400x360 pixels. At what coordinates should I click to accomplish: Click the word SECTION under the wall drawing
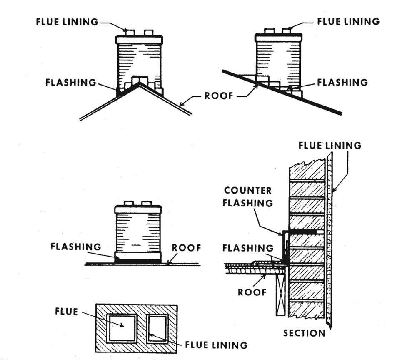click(x=304, y=333)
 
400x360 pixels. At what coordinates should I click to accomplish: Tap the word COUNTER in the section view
click(x=248, y=191)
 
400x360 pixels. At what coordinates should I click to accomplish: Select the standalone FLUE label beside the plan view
click(x=66, y=312)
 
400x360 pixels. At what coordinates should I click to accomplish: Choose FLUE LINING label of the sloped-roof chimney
click(x=348, y=22)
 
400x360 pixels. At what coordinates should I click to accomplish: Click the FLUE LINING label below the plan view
click(x=216, y=345)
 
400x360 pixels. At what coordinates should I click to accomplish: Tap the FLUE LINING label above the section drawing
click(x=330, y=146)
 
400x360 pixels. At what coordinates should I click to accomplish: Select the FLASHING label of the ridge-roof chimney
click(x=71, y=82)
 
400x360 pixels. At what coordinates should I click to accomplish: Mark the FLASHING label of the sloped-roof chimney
click(x=342, y=82)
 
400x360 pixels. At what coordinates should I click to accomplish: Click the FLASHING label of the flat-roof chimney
click(x=75, y=247)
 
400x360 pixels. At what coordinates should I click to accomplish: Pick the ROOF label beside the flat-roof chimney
click(x=187, y=248)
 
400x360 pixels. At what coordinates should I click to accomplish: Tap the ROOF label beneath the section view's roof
click(x=252, y=292)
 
